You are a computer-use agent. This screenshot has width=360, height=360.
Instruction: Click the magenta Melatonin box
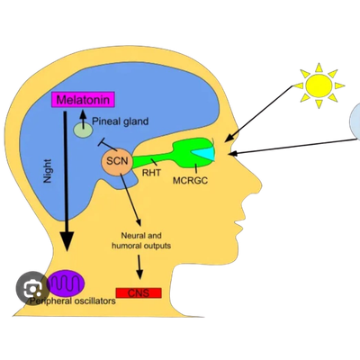pos(82,99)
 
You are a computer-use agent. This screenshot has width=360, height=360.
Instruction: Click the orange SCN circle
pos(117,163)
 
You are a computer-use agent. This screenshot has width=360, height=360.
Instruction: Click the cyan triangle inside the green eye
pos(207,155)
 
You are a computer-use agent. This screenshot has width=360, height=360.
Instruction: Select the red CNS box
pos(139,292)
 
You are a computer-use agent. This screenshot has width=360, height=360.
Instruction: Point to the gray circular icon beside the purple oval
pos(31,287)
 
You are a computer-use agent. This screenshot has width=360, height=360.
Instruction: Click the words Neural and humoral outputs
pos(141,239)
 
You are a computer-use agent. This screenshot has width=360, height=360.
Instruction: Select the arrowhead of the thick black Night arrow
pos(66,241)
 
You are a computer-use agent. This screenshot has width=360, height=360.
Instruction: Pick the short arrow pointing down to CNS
pos(139,266)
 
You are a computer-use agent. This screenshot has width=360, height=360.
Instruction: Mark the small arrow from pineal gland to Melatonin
pos(84,116)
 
